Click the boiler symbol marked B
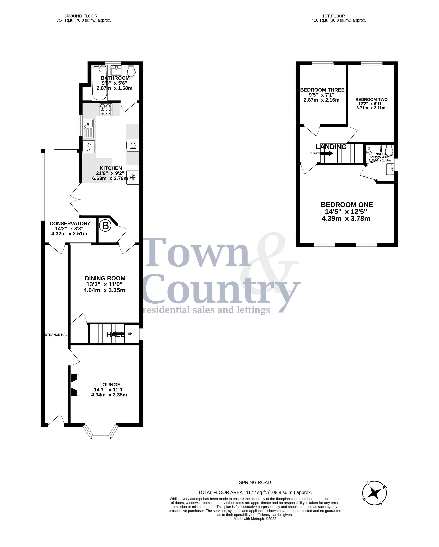point(105,226)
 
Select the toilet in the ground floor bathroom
point(131,71)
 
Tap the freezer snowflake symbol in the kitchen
point(133,177)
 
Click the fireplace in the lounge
point(74,385)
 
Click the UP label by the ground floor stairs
point(130,334)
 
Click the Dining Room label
point(105,278)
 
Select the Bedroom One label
point(347,205)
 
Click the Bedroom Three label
point(322,90)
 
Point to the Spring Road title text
point(255,482)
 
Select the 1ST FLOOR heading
point(333,16)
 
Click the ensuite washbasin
point(390,169)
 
